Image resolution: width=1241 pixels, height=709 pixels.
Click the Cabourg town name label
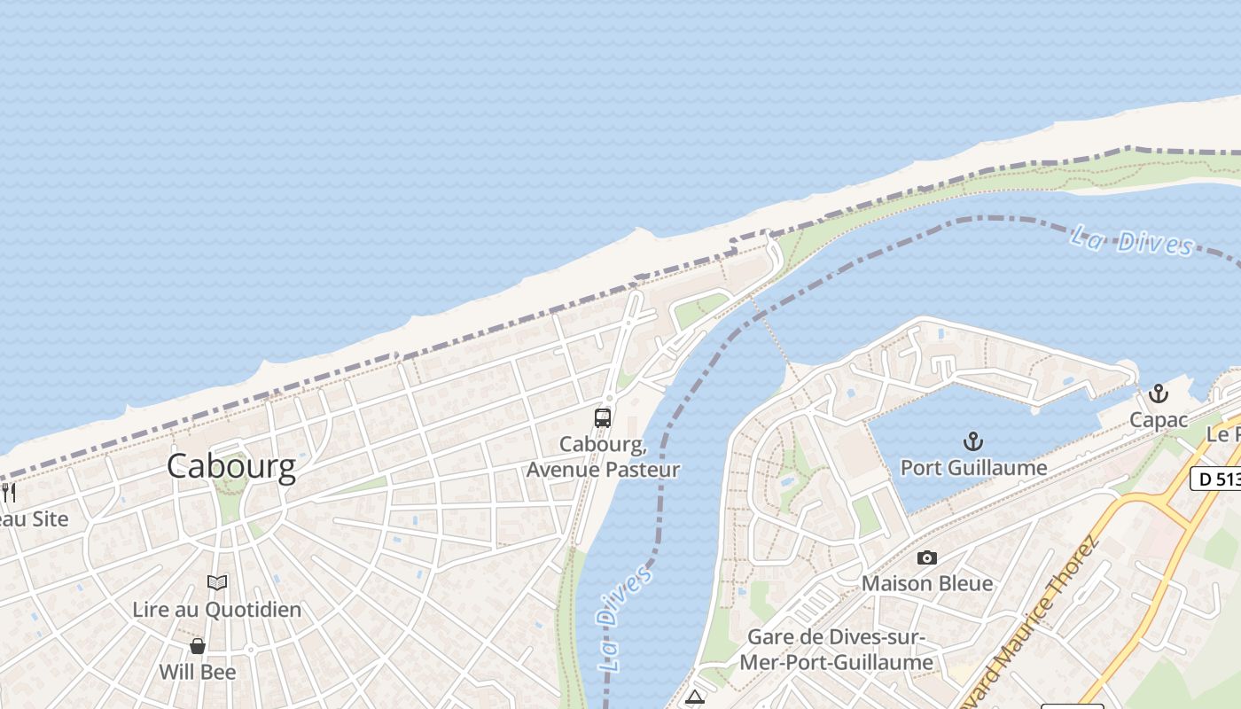coord(231,466)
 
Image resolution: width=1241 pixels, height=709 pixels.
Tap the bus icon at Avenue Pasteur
coord(603,417)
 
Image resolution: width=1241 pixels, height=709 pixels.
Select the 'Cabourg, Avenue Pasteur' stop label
coord(603,457)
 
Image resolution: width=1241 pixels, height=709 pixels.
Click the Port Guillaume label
coord(973,467)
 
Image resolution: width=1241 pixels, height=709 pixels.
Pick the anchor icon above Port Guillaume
coord(973,440)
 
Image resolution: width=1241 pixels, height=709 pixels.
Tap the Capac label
coord(1158,420)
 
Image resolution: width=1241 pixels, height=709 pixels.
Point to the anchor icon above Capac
coord(1158,393)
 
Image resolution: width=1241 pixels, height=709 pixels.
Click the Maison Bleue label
coord(927,583)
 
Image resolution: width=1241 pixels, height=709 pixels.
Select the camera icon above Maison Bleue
coord(927,557)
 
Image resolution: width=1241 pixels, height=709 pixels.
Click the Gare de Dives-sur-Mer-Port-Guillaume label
coord(837,650)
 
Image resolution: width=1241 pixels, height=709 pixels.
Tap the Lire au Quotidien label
coord(216,610)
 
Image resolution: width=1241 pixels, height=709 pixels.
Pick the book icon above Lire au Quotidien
coord(216,582)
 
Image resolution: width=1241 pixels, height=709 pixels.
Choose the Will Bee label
coord(198,672)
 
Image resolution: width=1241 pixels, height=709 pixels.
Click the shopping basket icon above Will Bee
coord(198,646)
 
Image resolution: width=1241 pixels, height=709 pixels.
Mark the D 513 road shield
coord(1214,478)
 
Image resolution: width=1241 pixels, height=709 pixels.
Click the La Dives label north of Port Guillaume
coord(1131,240)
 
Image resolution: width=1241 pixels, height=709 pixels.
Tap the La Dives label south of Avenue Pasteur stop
coord(624,617)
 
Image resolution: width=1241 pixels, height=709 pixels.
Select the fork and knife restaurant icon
coord(8,492)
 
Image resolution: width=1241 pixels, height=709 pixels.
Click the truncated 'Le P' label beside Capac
coord(1223,434)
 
